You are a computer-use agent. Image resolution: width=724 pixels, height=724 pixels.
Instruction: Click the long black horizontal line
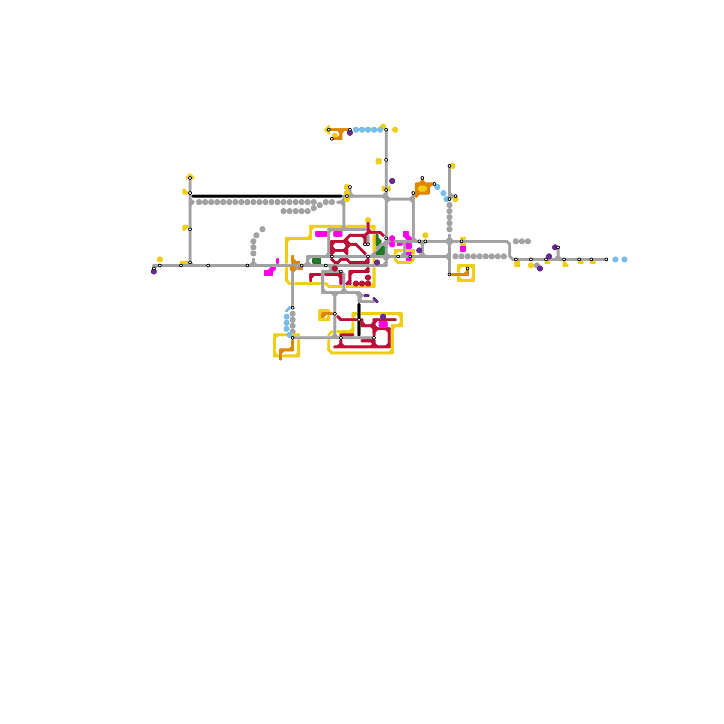click(x=267, y=196)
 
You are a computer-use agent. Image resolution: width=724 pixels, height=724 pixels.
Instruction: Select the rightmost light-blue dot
click(x=624, y=259)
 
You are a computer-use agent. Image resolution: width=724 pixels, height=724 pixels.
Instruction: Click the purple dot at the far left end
click(x=154, y=271)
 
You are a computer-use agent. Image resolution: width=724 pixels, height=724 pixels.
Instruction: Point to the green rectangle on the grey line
click(x=317, y=261)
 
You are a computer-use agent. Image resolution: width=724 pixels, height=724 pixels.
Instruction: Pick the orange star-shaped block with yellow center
click(x=422, y=188)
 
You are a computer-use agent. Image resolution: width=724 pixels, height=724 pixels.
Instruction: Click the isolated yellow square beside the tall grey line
click(x=378, y=162)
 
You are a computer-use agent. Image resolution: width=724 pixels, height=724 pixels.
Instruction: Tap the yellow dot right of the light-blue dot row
click(x=395, y=130)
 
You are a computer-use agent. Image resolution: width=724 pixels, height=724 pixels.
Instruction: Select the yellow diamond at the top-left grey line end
click(x=190, y=176)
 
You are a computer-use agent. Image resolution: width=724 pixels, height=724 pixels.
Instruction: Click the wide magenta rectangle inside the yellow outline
click(x=321, y=234)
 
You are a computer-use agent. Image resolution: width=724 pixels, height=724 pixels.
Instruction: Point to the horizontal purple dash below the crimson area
click(x=367, y=295)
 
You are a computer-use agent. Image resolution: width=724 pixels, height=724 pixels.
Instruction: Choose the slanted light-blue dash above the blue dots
click(x=288, y=310)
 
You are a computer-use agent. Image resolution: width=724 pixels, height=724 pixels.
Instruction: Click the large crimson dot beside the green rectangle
click(x=335, y=268)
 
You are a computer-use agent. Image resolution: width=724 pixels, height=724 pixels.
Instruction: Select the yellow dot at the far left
click(x=160, y=259)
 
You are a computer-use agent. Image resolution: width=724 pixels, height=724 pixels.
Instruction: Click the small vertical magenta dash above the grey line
click(x=277, y=261)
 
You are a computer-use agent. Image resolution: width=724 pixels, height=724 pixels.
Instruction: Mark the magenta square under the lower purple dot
click(x=383, y=324)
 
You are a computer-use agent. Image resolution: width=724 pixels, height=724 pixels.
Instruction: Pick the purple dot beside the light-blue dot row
click(x=350, y=133)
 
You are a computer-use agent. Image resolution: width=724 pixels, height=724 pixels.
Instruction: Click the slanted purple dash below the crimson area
click(x=376, y=300)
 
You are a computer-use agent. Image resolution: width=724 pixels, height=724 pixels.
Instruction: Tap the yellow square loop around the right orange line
click(x=466, y=273)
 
